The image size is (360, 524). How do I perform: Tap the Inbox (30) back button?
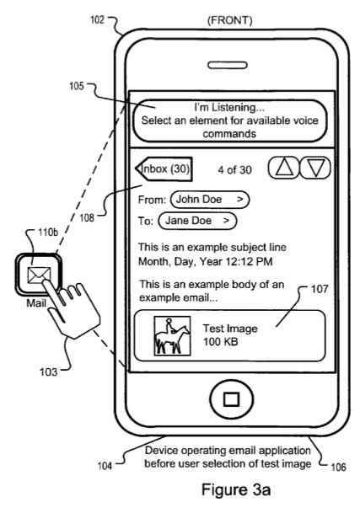coord(164,168)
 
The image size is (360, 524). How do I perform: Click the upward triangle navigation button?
coord(283,168)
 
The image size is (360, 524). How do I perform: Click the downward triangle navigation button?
coord(314,168)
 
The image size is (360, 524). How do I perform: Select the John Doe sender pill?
coord(210,200)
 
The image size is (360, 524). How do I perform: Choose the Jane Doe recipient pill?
coord(197,221)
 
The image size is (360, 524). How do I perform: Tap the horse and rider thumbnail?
coord(172,335)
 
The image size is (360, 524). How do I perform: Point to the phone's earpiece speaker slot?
coord(228,65)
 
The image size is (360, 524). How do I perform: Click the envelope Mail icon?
coord(39,275)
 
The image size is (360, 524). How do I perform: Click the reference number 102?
coord(97,19)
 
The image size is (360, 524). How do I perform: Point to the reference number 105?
coord(76,86)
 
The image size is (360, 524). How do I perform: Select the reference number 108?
coord(87,218)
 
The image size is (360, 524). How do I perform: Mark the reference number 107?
coord(320,289)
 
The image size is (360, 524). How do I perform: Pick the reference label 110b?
coord(48,232)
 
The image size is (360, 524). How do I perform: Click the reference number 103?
coord(49,372)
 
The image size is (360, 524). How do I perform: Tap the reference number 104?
coord(105,466)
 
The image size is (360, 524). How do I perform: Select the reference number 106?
coord(338,467)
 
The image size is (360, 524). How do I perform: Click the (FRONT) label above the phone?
coord(230,20)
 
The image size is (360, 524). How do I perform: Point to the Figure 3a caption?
coord(236,490)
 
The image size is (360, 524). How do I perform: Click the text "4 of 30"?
coord(235,170)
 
